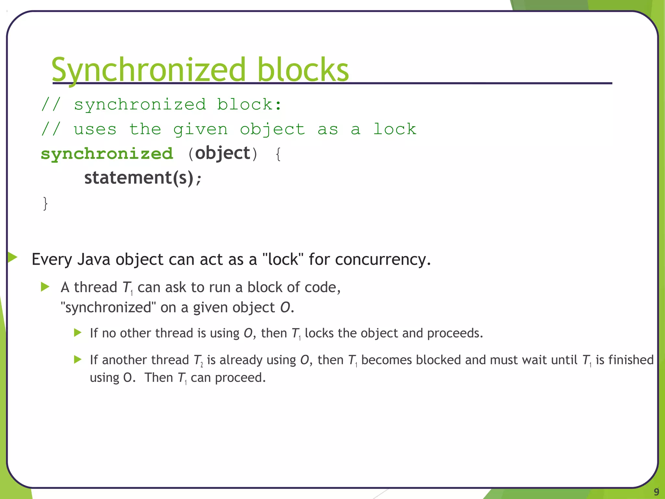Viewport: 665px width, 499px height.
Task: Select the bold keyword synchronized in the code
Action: tap(107, 154)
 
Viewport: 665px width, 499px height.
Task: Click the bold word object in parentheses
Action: tap(223, 153)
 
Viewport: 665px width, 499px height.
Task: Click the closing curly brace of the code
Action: tap(45, 203)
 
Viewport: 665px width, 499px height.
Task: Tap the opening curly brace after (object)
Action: tap(278, 154)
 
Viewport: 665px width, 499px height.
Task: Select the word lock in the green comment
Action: tap(395, 129)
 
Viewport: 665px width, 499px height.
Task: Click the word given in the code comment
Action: tap(200, 130)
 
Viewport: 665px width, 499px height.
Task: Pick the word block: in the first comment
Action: tap(249, 105)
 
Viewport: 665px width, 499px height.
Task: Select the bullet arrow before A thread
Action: tap(45, 287)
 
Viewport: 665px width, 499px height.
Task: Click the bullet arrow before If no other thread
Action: tap(78, 333)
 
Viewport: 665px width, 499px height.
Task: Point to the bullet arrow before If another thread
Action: tap(78, 360)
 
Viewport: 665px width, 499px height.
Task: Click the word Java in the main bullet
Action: tap(94, 260)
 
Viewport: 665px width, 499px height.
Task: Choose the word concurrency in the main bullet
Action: tap(382, 260)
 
